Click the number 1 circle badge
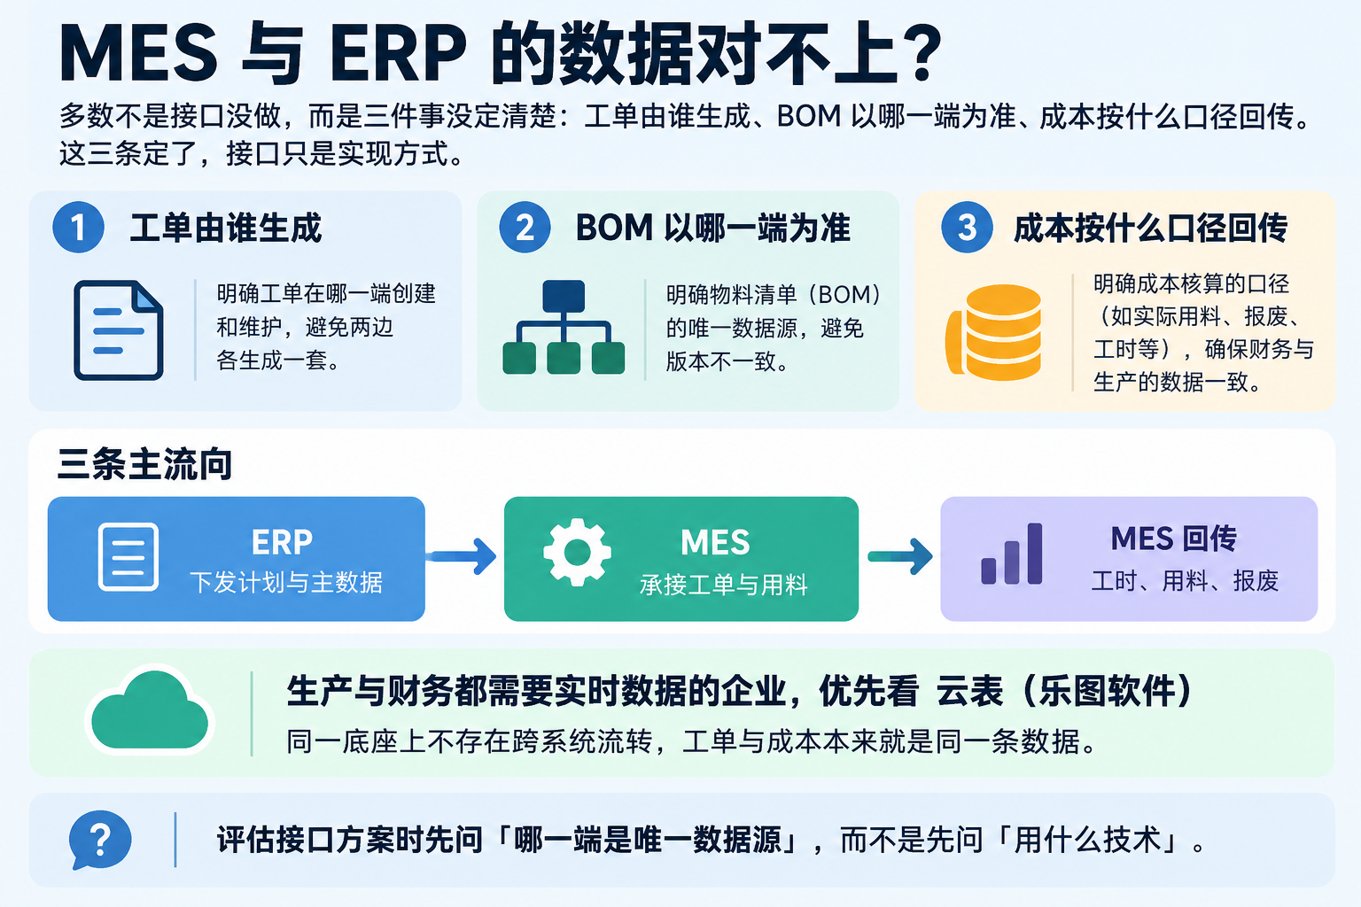pyautogui.click(x=78, y=228)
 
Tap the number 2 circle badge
pyautogui.click(x=525, y=228)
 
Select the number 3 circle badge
pyautogui.click(x=967, y=228)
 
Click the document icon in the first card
pyautogui.click(x=119, y=330)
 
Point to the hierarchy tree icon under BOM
pyautogui.click(x=564, y=327)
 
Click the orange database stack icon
pyautogui.click(x=994, y=332)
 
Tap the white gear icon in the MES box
pyautogui.click(x=577, y=552)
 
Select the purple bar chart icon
pyautogui.click(x=1012, y=554)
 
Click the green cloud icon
pyautogui.click(x=150, y=709)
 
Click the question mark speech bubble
pyautogui.click(x=99, y=841)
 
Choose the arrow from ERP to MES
pyautogui.click(x=462, y=556)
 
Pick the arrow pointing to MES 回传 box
pyautogui.click(x=900, y=556)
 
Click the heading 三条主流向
pyautogui.click(x=144, y=464)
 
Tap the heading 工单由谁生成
pyautogui.click(x=225, y=228)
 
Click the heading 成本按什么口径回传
pyautogui.click(x=1150, y=228)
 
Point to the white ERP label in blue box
pyautogui.click(x=282, y=542)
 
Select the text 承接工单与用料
pyautogui.click(x=724, y=585)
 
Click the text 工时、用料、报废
pyautogui.click(x=1185, y=581)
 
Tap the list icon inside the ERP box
pyautogui.click(x=128, y=556)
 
